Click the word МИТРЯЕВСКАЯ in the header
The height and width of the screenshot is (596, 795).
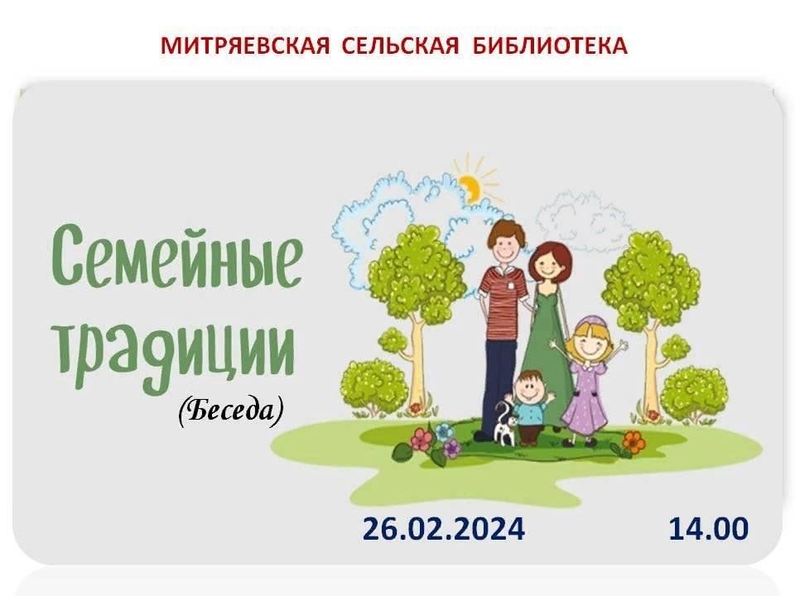[245, 46]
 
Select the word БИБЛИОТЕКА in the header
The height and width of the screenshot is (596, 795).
[550, 46]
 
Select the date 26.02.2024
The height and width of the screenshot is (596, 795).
[444, 529]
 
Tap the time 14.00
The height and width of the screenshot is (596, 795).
[709, 529]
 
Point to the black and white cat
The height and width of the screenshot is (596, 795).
[505, 423]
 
